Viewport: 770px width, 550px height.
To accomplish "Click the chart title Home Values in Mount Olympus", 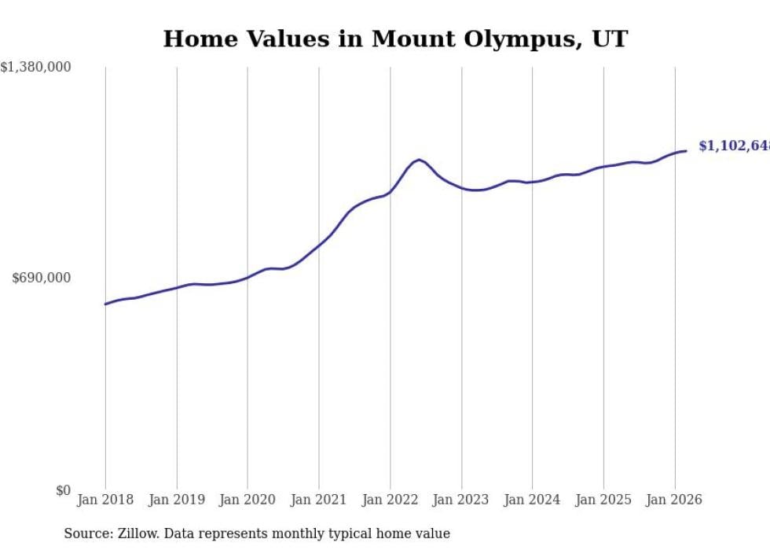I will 395,39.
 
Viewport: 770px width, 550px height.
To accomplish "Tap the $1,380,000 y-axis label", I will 36,68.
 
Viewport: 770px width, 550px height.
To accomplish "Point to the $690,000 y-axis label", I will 42,278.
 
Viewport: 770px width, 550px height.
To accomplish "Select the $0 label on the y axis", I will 63,490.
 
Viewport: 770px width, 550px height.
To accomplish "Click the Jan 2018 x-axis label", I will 105,500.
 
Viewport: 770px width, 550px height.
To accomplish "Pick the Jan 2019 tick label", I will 177,500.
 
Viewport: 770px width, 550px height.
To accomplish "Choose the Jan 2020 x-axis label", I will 247,500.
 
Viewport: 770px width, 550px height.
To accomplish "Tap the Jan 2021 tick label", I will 319,500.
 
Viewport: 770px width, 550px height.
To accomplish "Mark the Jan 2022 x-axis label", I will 390,500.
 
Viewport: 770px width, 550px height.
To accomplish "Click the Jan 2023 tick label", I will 461,500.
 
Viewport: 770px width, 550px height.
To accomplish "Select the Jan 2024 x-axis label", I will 532,500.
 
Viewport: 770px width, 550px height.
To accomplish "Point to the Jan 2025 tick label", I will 603,500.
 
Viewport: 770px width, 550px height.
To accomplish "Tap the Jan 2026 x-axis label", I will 674,500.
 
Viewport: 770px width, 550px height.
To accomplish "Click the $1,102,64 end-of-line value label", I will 733,146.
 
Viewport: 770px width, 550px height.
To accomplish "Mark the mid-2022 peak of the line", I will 419,160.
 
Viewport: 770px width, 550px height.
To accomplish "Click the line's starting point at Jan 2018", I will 105,304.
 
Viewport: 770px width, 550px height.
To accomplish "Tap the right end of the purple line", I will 686,151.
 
